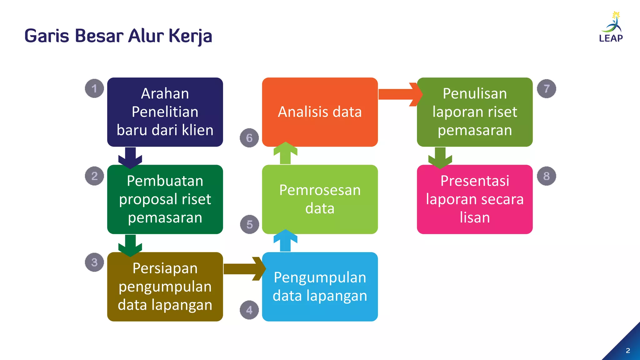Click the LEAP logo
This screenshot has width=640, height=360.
[x=611, y=27]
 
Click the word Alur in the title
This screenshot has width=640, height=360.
[x=146, y=36]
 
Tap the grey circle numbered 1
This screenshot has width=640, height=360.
[x=94, y=88]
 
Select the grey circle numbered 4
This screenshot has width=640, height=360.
[x=249, y=310]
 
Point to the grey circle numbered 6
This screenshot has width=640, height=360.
[x=249, y=138]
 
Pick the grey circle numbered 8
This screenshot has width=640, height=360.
[x=547, y=176]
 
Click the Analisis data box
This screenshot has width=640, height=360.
[x=320, y=112]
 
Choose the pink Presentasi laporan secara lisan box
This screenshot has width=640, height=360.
[x=475, y=199]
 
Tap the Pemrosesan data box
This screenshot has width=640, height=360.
[x=320, y=199]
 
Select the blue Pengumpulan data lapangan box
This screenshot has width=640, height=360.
[x=320, y=287]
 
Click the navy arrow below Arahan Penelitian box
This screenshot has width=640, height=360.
[x=130, y=157]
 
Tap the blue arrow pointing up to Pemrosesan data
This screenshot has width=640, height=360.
[x=285, y=241]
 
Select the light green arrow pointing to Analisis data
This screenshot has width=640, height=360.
[x=285, y=153]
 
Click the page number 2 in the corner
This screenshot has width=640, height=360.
[x=628, y=351]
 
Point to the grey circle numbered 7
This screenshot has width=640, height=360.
[x=547, y=89]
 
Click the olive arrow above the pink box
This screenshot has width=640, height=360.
[x=440, y=157]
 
